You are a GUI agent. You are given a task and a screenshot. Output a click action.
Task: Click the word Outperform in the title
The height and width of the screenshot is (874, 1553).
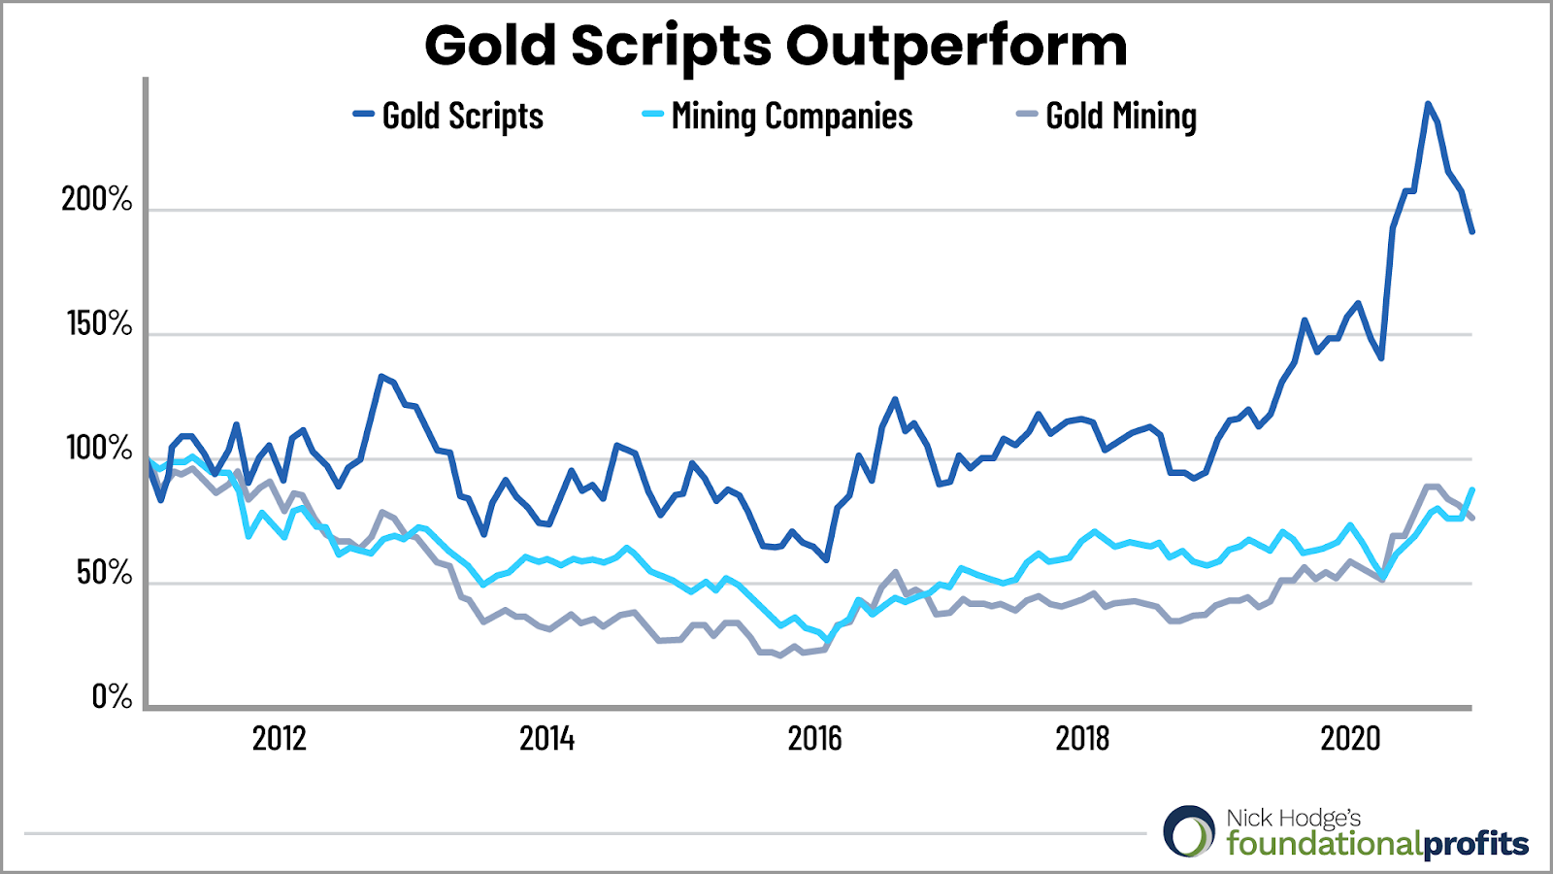click(x=956, y=47)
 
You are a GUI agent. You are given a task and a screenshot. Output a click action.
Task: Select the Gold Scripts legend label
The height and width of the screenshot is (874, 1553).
click(x=462, y=117)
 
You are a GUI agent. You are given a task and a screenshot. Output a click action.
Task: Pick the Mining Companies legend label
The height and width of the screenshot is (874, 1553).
click(x=791, y=117)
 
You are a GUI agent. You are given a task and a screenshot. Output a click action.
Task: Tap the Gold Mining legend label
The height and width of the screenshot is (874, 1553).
click(x=1120, y=117)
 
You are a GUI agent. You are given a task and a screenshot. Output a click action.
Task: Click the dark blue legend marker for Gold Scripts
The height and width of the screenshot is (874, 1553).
click(x=363, y=115)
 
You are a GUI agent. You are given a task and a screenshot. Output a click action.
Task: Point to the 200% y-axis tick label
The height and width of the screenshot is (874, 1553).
click(x=96, y=199)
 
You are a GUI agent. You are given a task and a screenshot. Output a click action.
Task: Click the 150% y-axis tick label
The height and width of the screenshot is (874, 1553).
click(x=98, y=323)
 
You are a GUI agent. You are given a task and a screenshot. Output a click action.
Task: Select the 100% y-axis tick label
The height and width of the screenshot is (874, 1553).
click(x=98, y=449)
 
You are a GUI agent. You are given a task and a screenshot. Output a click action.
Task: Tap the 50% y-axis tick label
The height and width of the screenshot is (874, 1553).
click(x=104, y=573)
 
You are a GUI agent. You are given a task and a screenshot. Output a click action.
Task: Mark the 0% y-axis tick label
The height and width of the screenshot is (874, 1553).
click(x=112, y=697)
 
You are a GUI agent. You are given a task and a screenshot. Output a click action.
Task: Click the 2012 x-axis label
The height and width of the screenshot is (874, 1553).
click(x=279, y=739)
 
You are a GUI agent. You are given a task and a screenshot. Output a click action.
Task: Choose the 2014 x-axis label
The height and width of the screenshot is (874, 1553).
click(x=546, y=739)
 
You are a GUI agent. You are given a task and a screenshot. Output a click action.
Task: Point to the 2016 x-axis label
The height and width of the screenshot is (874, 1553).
click(x=814, y=739)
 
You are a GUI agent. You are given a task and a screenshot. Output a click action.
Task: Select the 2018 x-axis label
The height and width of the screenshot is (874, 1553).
click(x=1082, y=739)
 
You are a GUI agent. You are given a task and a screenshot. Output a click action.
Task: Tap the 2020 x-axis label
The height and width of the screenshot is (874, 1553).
click(x=1350, y=739)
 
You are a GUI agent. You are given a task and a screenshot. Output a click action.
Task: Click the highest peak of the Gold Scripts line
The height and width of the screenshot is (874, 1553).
click(x=1427, y=103)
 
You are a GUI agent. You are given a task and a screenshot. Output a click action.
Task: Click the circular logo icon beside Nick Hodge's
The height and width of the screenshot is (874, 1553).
click(x=1189, y=831)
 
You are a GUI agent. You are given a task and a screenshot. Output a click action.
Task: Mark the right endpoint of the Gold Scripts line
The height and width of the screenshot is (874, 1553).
click(x=1472, y=232)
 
